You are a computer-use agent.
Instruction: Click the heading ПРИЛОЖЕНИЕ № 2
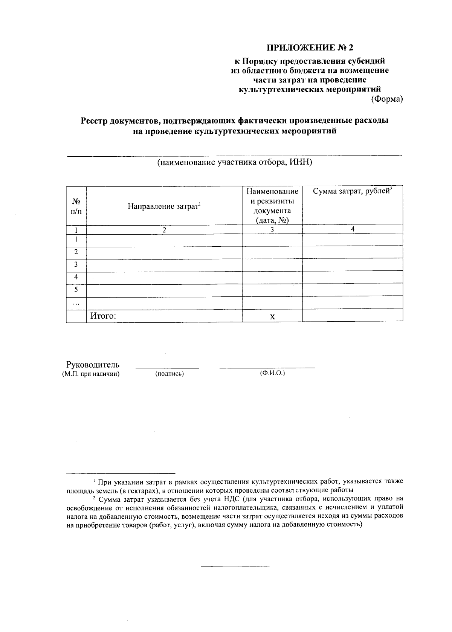[311, 48]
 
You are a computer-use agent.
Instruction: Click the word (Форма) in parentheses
[387, 99]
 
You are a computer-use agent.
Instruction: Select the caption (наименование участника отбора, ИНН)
[235, 162]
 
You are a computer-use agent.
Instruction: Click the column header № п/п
[76, 206]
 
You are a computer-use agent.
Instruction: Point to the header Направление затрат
[164, 206]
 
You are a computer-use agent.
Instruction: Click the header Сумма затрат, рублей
[353, 191]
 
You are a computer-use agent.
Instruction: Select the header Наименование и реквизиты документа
[272, 206]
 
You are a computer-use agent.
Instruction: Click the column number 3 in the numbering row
[272, 230]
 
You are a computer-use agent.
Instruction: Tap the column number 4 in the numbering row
[353, 229]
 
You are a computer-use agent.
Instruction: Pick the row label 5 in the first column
[76, 290]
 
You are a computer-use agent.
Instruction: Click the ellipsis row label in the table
[76, 303]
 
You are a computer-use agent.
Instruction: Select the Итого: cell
[103, 316]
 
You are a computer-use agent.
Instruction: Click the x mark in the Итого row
[272, 317]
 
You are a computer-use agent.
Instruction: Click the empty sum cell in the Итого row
[353, 316]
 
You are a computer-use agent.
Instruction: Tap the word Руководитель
[93, 365]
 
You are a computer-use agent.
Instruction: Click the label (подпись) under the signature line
[169, 374]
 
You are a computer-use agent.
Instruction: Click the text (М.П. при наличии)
[91, 374]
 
